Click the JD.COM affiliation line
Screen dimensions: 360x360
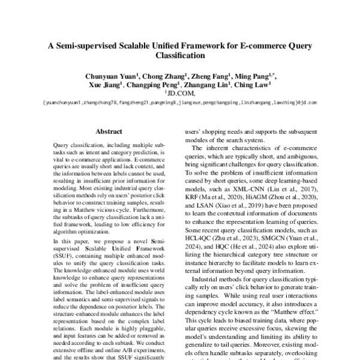tap(180, 94)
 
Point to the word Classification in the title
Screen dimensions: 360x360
tap(179, 55)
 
